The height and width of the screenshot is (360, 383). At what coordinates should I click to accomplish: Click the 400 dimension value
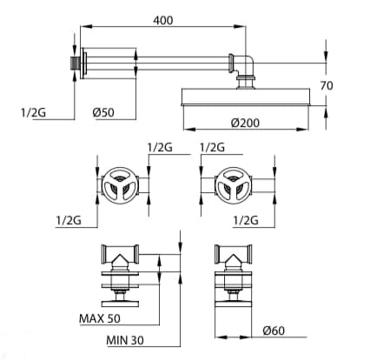163,20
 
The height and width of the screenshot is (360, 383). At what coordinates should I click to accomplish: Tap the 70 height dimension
327,86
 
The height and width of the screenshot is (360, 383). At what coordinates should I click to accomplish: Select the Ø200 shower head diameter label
245,123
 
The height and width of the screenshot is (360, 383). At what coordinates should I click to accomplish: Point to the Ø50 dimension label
103,112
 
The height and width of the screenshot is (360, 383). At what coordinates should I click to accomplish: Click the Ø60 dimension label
274,330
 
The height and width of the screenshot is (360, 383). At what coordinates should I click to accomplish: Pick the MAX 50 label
100,318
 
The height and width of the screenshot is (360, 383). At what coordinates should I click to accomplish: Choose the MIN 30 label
125,340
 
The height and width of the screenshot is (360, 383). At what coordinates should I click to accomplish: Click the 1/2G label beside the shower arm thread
33,112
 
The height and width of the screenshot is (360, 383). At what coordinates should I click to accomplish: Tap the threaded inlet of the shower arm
76,63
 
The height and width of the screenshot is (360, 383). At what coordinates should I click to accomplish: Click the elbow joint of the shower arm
246,63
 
